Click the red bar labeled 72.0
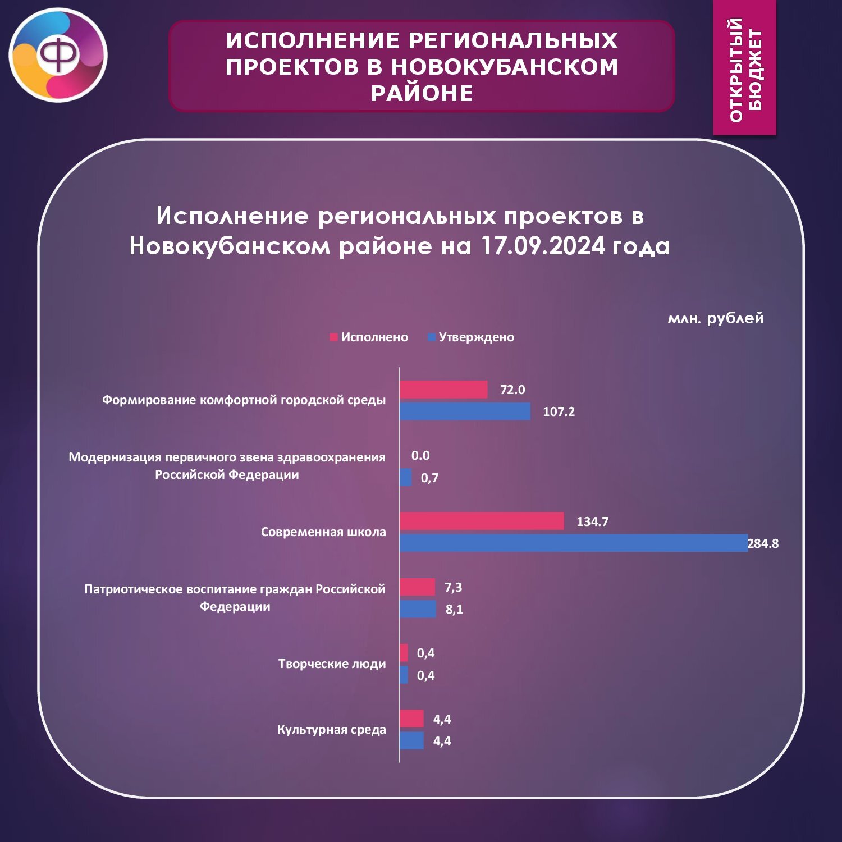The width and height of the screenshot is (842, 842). (x=443, y=390)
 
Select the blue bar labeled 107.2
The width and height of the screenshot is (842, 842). (x=465, y=411)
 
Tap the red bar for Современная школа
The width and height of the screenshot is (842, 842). (x=482, y=521)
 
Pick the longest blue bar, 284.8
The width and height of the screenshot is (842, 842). (x=574, y=543)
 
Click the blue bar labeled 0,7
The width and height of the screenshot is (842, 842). (x=405, y=477)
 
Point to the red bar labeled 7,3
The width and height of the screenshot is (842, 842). (x=417, y=587)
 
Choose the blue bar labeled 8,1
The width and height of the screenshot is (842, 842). (x=418, y=609)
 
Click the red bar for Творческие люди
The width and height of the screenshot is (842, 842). (x=404, y=653)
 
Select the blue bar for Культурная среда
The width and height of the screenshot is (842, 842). (x=411, y=740)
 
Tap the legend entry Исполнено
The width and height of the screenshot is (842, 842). (x=369, y=337)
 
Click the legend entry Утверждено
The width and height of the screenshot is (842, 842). (x=471, y=337)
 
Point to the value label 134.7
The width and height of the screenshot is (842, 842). (x=592, y=521)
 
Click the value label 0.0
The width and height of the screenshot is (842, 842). (x=420, y=455)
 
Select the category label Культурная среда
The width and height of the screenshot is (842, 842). (x=332, y=730)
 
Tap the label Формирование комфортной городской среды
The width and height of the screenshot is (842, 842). (x=244, y=400)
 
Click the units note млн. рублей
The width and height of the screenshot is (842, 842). (x=716, y=318)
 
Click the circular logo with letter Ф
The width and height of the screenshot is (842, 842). (x=58, y=55)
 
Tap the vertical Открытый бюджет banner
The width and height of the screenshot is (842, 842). (x=745, y=67)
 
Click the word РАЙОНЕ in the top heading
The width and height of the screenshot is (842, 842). (x=422, y=93)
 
